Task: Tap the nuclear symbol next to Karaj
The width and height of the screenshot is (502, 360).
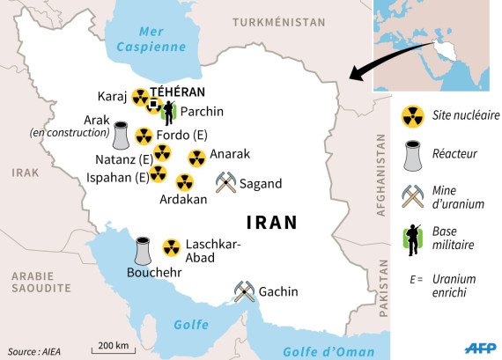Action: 140,98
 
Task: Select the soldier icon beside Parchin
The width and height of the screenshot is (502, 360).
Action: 168,112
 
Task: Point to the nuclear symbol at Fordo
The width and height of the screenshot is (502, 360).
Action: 142,136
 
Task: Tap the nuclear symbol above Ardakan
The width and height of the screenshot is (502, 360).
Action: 184,182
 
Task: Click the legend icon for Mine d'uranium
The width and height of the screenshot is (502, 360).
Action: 409,195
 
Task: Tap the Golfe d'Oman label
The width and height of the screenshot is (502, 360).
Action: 329,352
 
